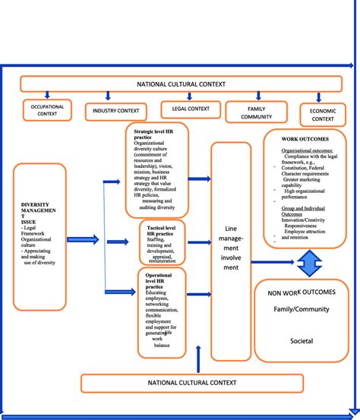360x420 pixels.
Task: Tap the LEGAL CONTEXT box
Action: coord(191,109)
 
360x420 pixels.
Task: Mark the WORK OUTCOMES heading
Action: coord(305,141)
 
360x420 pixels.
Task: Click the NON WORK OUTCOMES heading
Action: coord(302,292)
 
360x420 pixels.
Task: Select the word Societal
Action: coord(302,341)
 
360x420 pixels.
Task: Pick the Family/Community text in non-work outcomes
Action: coord(302,310)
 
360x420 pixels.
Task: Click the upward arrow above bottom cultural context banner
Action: coord(197,358)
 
